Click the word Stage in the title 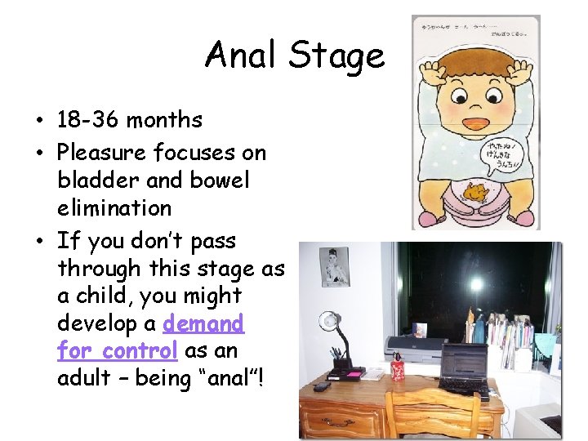(336, 56)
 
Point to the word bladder (99, 180)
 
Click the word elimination (114, 207)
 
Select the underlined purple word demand (203, 324)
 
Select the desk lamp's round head (329, 319)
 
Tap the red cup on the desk (398, 367)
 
